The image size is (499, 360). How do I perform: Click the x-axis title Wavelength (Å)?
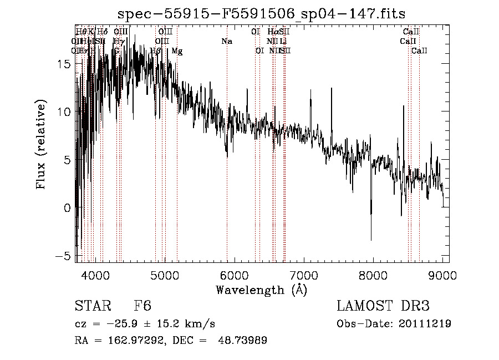[261, 290]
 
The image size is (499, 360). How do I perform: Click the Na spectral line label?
[226, 41]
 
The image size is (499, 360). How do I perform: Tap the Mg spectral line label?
[177, 50]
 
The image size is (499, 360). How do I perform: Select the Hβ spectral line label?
[156, 50]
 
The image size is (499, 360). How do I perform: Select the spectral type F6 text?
[142, 306]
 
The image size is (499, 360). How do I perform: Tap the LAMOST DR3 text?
[383, 306]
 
